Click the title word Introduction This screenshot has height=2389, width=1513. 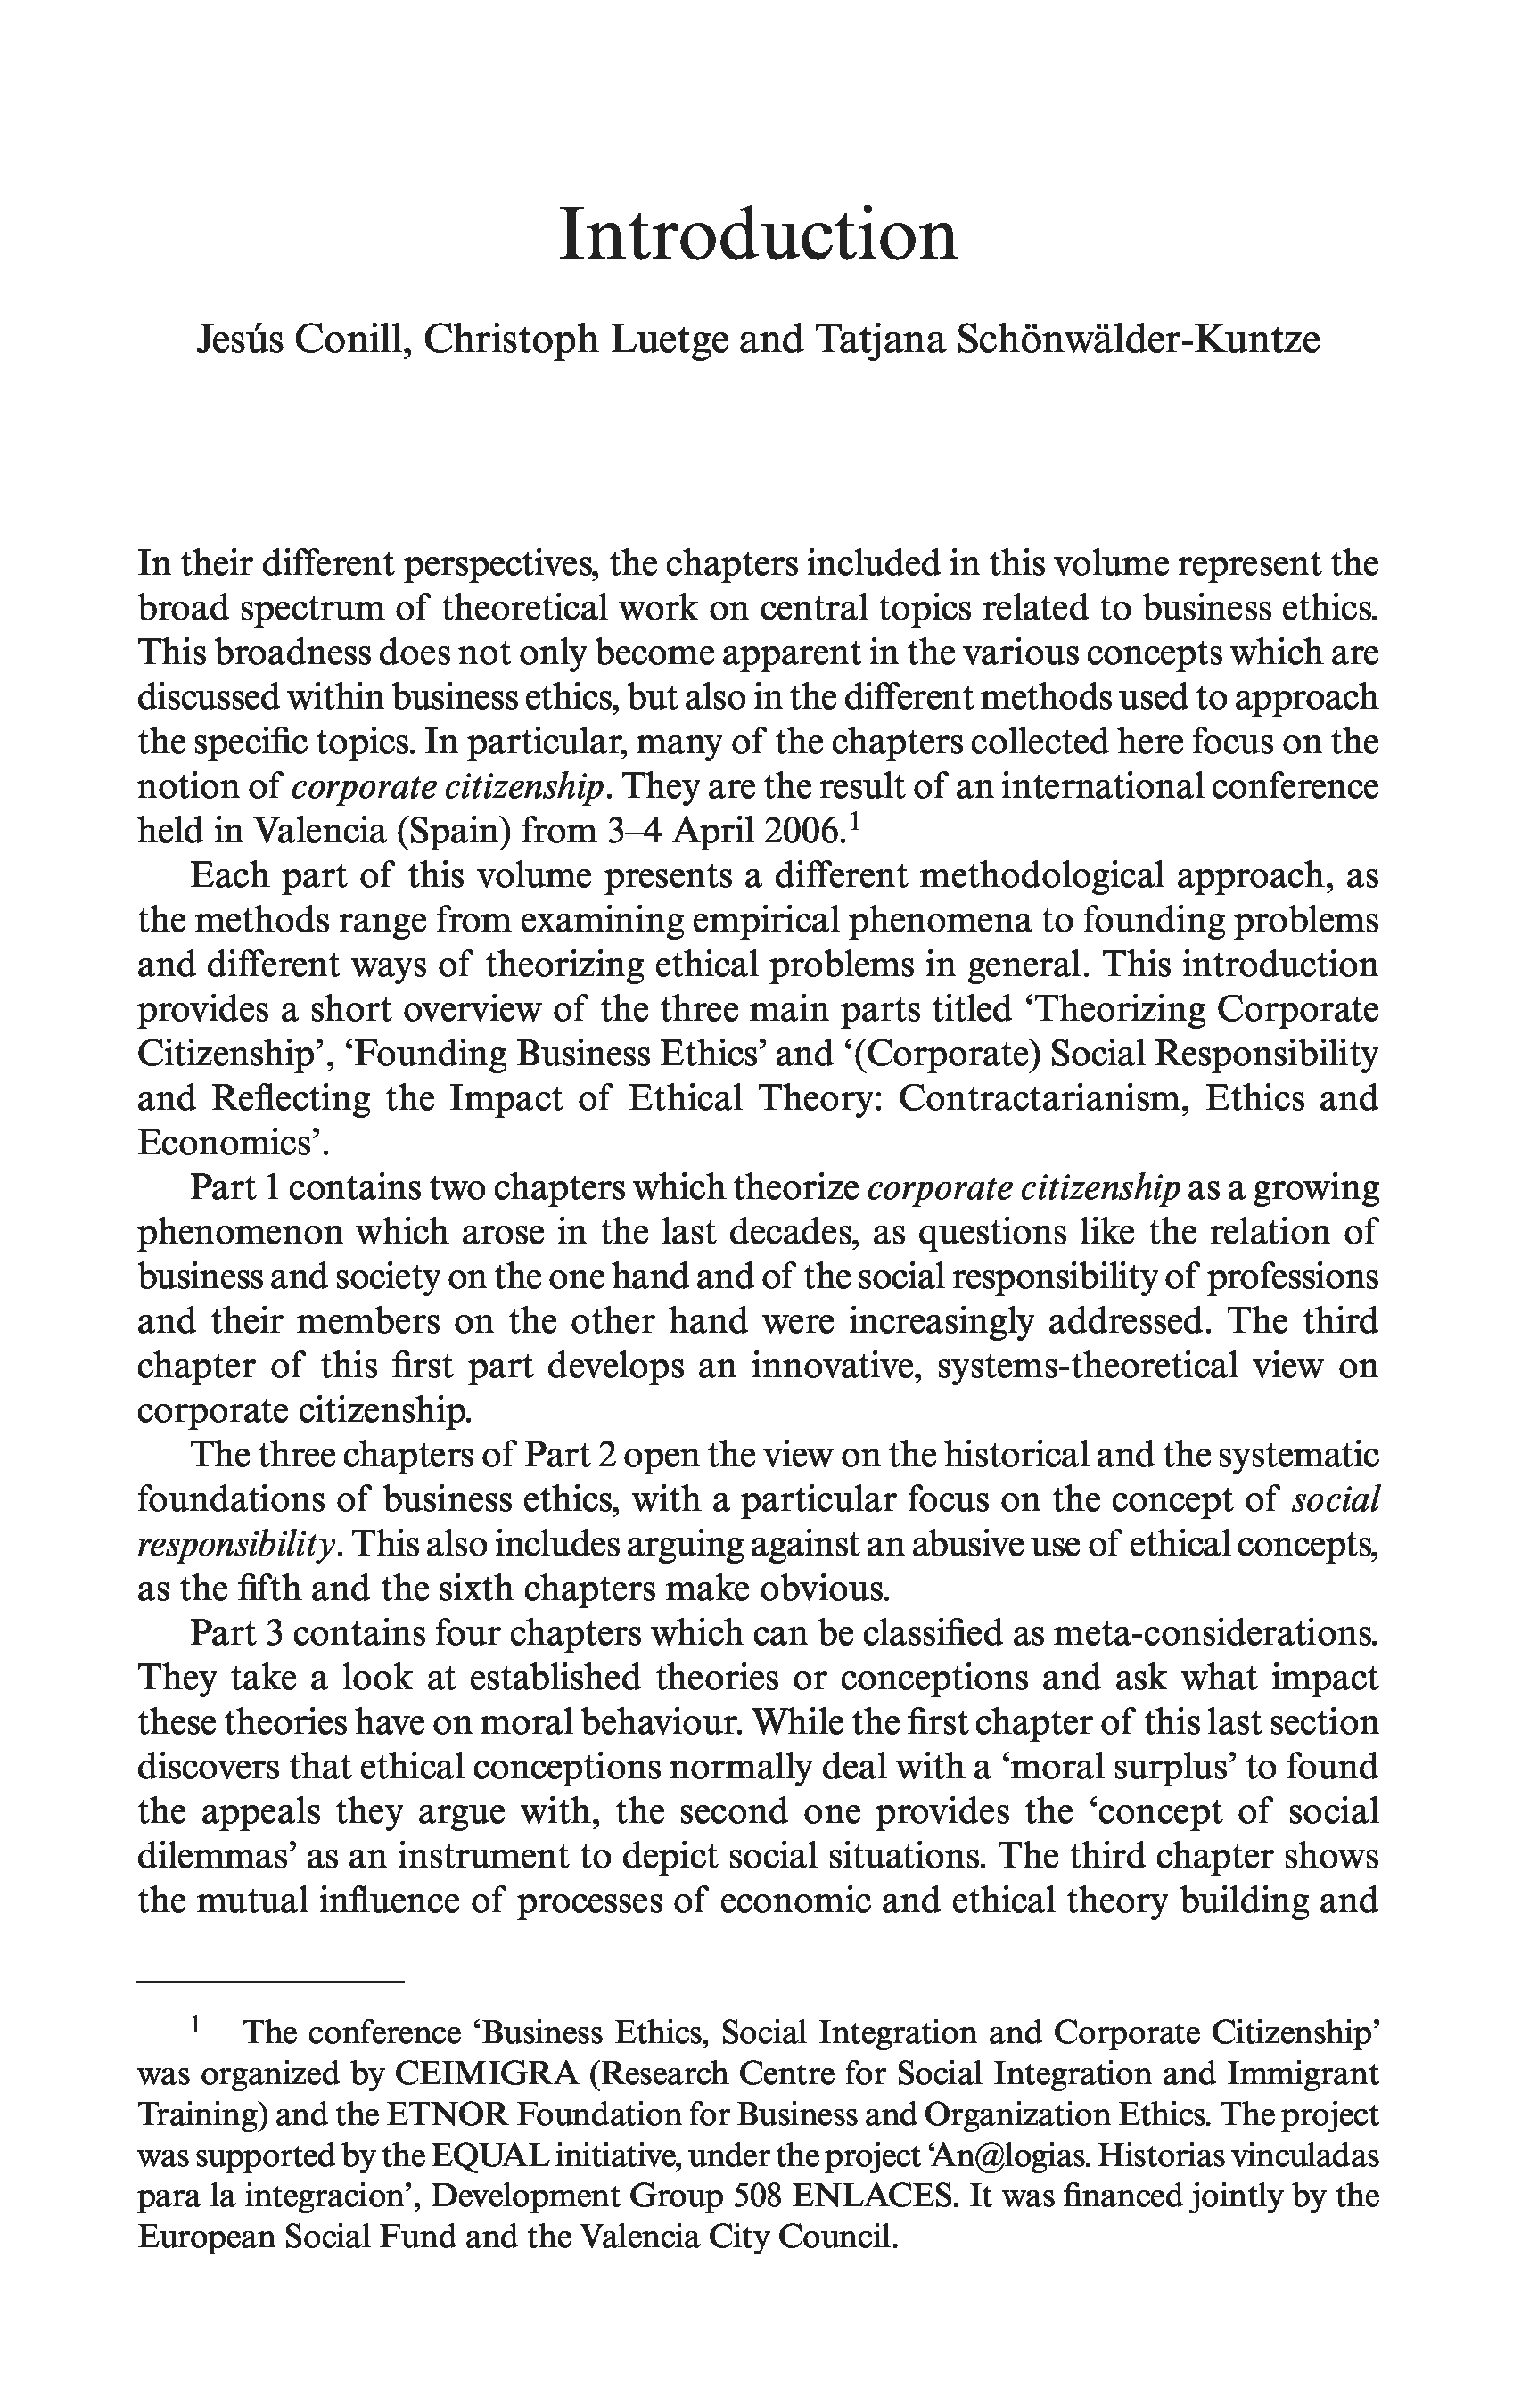pos(758,235)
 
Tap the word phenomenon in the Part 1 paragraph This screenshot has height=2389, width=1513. pos(237,1232)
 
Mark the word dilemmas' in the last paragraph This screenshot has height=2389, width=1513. pos(214,1856)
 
